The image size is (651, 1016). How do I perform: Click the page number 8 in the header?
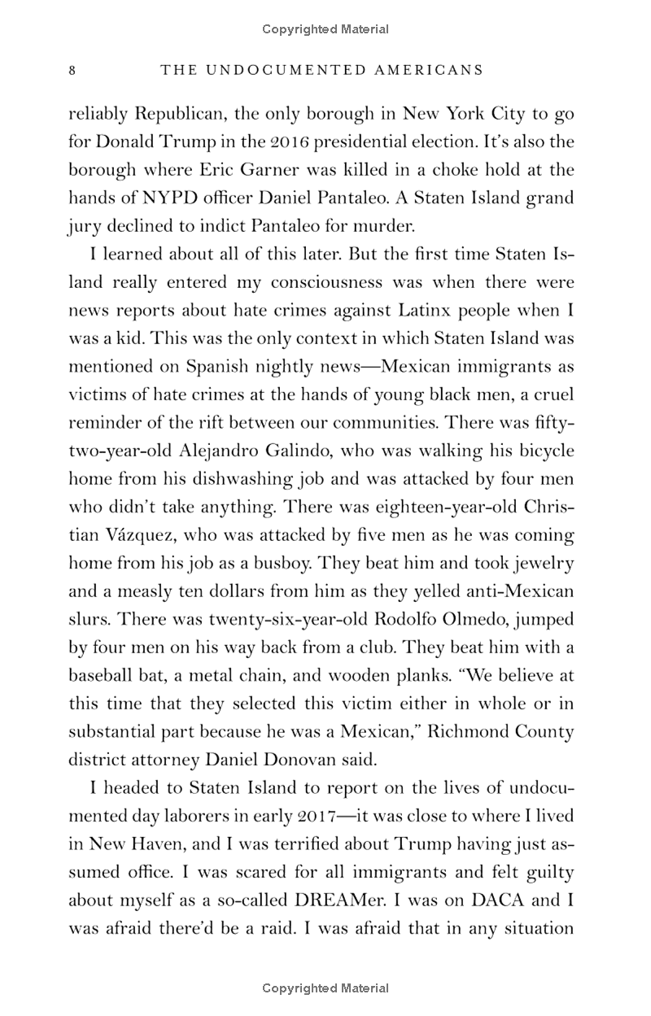tap(72, 71)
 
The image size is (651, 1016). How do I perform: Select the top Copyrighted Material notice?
tap(325, 30)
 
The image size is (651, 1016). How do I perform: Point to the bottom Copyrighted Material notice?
tap(325, 988)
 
